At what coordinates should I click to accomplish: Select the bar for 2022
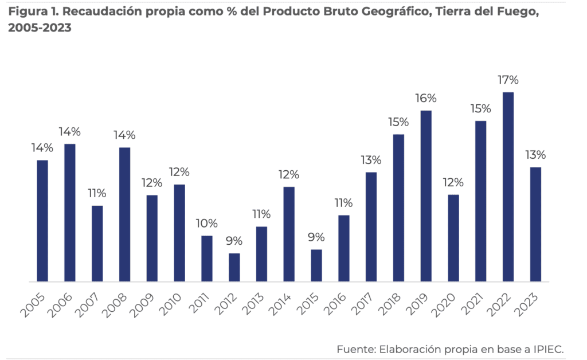click(508, 187)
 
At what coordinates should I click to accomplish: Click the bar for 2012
click(234, 267)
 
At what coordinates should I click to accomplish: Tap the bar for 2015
click(316, 265)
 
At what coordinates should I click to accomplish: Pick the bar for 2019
click(426, 196)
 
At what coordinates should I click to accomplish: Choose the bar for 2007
click(97, 244)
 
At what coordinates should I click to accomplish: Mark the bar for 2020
click(453, 238)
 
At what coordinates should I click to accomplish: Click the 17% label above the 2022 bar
click(508, 80)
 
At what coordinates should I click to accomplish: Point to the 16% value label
click(426, 98)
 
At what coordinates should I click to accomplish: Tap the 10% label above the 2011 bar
click(207, 223)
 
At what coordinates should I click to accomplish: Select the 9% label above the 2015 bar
click(316, 237)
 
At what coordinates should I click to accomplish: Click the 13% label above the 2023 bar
click(535, 155)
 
